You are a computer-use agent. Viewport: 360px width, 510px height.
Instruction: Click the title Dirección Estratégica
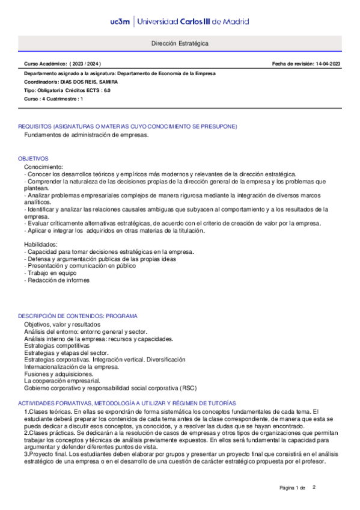point(180,45)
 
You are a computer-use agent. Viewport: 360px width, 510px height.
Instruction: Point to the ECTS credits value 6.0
point(106,90)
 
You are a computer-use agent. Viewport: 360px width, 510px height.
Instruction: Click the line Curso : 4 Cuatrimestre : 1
point(53,99)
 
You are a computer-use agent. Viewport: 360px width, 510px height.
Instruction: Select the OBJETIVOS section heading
point(33,158)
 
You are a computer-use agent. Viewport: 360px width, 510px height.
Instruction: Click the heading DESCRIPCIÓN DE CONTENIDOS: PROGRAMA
point(78,316)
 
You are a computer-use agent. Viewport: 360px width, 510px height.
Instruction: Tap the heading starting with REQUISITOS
point(127,126)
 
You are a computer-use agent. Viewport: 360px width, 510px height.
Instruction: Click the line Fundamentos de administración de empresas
point(86,135)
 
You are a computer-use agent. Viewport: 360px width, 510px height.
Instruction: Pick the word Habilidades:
point(41,244)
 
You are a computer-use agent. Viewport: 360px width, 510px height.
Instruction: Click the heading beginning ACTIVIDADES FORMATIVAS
point(127,402)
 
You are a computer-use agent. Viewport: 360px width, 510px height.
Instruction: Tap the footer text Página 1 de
point(293,487)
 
